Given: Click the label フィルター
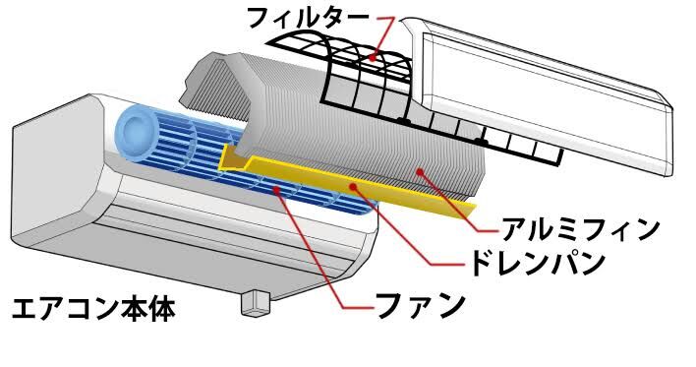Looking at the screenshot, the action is coord(307,18).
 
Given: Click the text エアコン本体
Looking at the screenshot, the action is coord(93,309).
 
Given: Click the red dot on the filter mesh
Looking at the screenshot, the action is coord(374,57).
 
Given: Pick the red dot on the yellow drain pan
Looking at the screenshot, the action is coord(353,187).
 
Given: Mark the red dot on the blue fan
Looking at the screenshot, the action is coord(277,190).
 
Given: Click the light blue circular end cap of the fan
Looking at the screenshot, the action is coord(136,132).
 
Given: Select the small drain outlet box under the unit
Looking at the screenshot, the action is coord(256,303).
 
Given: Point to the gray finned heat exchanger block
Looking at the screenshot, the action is coord(337,129).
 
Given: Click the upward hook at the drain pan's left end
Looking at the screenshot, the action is coord(233,160).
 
